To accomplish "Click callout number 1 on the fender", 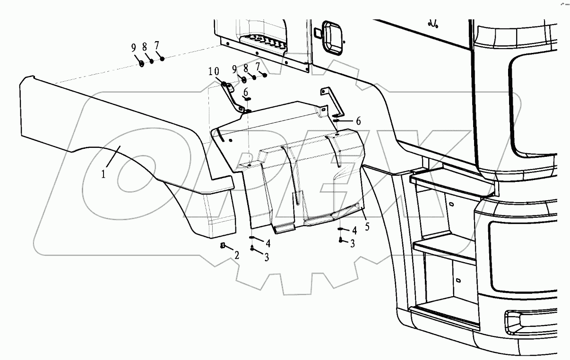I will (x=103, y=174).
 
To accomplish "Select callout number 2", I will (x=237, y=256).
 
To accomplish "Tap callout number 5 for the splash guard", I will (x=367, y=226).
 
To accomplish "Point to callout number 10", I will (x=213, y=71).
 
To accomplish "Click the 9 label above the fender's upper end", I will (x=134, y=47).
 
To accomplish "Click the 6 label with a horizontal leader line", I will (x=358, y=121).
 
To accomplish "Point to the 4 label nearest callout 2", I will (x=268, y=243).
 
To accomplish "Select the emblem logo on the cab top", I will (x=431, y=23).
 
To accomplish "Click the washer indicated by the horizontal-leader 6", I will (x=336, y=121).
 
